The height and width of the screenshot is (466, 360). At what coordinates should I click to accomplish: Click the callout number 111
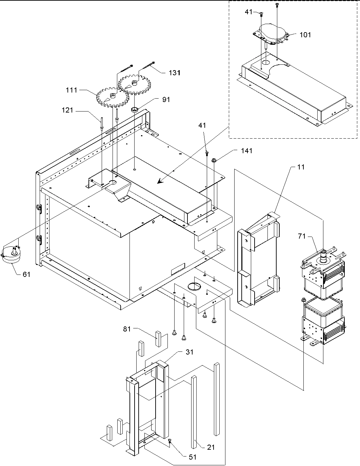(72, 90)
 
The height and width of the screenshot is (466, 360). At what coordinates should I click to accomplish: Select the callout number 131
(175, 73)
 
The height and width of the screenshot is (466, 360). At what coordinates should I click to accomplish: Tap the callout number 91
(166, 100)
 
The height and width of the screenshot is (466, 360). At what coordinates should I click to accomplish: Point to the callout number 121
(67, 110)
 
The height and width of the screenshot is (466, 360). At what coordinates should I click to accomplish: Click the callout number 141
(246, 151)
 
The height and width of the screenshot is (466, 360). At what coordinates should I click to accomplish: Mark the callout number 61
(26, 275)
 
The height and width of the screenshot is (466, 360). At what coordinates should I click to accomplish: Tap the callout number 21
(211, 447)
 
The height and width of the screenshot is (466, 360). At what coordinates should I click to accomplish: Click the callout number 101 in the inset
(305, 35)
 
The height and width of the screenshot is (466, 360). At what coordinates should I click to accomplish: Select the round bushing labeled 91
(134, 109)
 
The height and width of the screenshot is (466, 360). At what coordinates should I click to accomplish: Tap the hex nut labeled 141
(215, 161)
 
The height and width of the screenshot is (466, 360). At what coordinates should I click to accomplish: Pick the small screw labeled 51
(169, 440)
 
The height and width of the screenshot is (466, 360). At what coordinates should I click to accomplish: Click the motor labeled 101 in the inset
(271, 34)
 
